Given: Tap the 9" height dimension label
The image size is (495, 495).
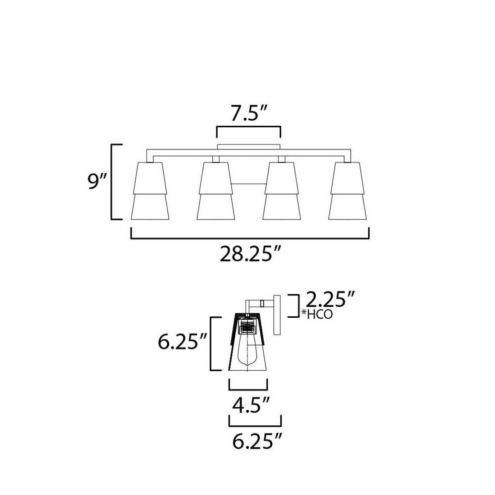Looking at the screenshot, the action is [x=98, y=182].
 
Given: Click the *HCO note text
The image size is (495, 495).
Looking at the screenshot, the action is [x=317, y=314].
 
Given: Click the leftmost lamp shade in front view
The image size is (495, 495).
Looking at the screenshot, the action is [x=150, y=191].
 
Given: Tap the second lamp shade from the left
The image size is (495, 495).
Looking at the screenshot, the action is [x=216, y=191].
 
